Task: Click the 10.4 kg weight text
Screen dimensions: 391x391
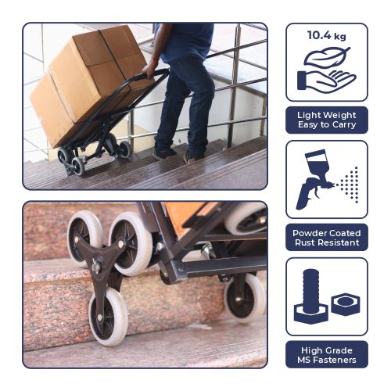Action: tap(327, 35)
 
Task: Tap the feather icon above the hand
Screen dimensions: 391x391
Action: tap(327, 57)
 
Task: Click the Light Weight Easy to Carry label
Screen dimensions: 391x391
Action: tap(327, 120)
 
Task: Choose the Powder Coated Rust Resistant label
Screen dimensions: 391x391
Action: tap(327, 238)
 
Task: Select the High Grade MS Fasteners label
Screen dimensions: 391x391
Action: tap(327, 355)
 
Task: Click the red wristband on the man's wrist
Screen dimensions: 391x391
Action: tap(156, 58)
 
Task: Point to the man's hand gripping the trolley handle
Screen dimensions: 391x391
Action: tap(149, 70)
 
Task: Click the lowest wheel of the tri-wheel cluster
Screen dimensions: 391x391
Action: tap(109, 317)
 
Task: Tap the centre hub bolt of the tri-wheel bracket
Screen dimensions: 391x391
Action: tap(96, 268)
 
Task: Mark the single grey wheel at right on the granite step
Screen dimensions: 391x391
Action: tap(245, 298)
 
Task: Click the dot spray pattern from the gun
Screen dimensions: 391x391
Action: tap(349, 185)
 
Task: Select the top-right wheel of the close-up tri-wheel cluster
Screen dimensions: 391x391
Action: tap(131, 244)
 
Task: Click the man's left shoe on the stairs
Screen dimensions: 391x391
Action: tap(163, 154)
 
